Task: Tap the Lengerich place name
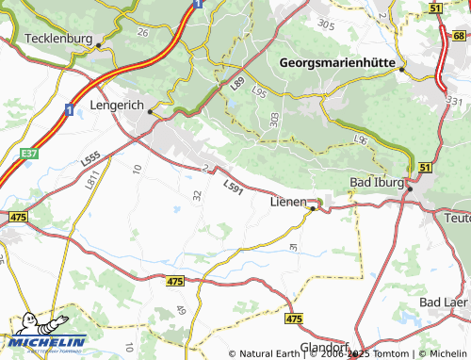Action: point(117,106)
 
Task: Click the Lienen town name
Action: point(287,202)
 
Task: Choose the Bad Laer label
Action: point(443,302)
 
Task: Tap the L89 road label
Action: point(236,87)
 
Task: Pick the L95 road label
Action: point(259,94)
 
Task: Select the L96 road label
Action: point(359,139)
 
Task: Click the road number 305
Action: point(326,23)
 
